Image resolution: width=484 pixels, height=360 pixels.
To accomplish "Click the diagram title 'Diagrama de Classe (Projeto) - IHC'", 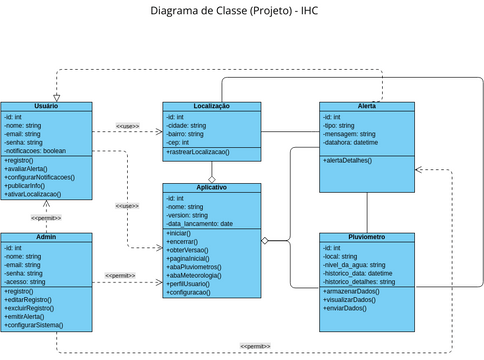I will pyautogui.click(x=241, y=11).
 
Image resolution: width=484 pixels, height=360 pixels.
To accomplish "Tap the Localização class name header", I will pyautogui.click(x=211, y=106).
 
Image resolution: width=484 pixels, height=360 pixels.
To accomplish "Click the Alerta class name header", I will pyautogui.click(x=367, y=106).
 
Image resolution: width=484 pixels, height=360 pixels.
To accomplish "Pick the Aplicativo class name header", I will pyautogui.click(x=211, y=187).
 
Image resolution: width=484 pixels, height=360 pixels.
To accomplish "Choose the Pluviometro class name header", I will pyautogui.click(x=367, y=237).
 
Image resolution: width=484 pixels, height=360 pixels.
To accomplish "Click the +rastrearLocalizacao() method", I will pyautogui.click(x=198, y=151).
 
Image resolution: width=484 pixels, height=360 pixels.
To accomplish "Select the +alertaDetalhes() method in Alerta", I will pyautogui.click(x=348, y=160).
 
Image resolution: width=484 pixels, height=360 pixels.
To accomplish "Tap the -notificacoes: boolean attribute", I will pyautogui.click(x=36, y=150).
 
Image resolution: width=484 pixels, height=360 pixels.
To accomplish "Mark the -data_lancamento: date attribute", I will pyautogui.click(x=200, y=223).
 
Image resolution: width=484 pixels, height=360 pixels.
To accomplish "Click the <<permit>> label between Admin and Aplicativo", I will pyautogui.click(x=120, y=274).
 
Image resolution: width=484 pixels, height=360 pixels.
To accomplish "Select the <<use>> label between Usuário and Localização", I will pyautogui.click(x=127, y=125).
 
